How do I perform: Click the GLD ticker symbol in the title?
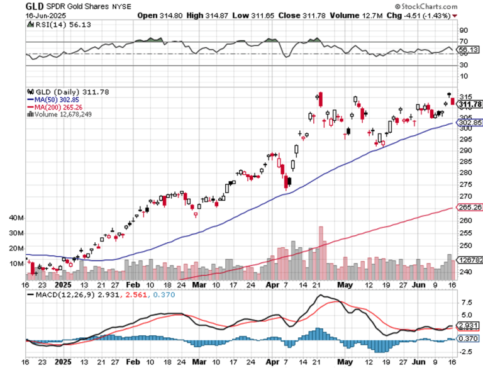pos(34,6)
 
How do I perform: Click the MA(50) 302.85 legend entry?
pos(61,99)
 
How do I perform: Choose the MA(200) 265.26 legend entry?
pos(63,107)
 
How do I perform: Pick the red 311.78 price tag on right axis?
pos(470,104)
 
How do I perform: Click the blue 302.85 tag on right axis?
pos(470,123)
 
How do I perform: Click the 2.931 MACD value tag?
pos(469,326)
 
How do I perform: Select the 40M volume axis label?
pos(15,218)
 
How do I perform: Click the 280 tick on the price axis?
pos(465,172)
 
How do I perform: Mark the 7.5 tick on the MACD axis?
pos(465,302)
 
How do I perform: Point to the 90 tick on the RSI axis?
pos(464,30)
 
